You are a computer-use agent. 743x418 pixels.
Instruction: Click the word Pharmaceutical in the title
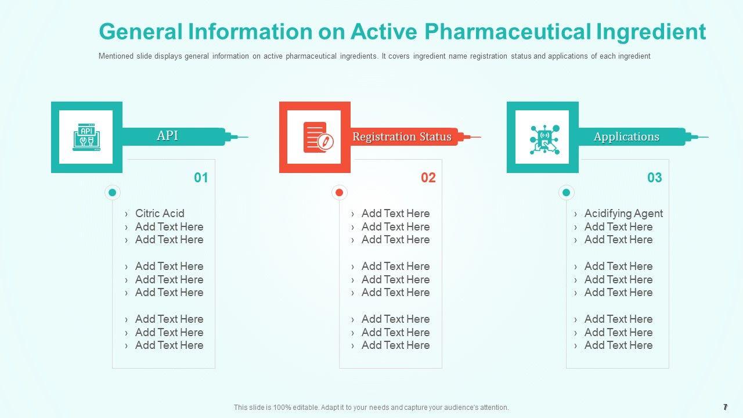(507, 32)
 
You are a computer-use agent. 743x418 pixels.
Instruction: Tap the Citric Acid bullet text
(160, 213)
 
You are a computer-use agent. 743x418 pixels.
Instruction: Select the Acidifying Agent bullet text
(623, 214)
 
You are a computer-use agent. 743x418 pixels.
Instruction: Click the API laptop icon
(86, 137)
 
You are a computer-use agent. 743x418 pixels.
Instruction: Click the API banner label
(167, 135)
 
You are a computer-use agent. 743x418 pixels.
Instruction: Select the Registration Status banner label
(402, 136)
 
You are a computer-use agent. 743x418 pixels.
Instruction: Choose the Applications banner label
(626, 136)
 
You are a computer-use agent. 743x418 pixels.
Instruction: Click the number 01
(201, 178)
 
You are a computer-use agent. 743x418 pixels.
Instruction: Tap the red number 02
(428, 178)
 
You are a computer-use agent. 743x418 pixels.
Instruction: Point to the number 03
(654, 178)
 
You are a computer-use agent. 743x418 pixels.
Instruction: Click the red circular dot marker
(340, 192)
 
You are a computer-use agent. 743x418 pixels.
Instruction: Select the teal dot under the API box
(113, 192)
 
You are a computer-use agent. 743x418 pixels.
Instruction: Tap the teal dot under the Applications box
(566, 192)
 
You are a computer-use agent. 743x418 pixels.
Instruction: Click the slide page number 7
(726, 407)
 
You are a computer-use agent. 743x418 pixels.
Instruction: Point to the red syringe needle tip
(481, 137)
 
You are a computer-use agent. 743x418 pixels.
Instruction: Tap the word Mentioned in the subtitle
(116, 56)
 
